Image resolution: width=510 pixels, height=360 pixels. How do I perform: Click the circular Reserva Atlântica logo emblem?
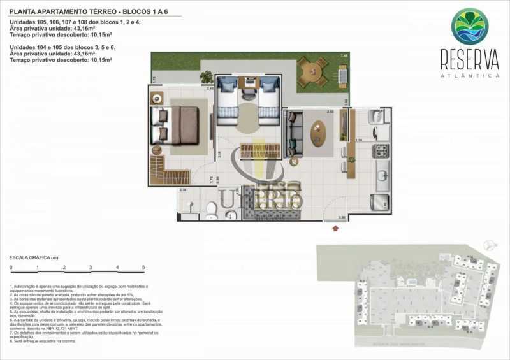[x=470, y=26]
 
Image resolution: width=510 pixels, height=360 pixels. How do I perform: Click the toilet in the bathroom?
[x=212, y=208]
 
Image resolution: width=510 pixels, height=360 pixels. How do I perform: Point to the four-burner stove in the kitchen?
[x=381, y=151]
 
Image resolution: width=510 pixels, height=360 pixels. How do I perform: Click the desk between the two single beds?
[x=249, y=83]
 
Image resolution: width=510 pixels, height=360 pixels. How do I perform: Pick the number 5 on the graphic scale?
[x=144, y=266]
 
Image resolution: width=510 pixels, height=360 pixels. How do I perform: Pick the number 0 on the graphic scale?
[x=11, y=266]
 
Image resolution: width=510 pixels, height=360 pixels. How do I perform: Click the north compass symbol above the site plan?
[x=489, y=244]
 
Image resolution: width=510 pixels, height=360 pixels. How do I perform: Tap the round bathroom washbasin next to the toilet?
[x=230, y=215]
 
